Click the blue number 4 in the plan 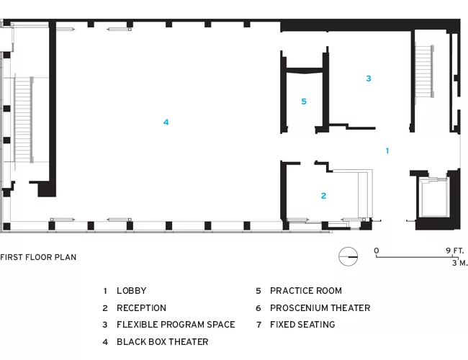click(166, 122)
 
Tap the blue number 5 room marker click(304, 102)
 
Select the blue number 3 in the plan click(369, 78)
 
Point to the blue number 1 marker click(387, 150)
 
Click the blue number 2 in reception click(323, 196)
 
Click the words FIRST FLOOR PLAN click(38, 257)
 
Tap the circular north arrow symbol click(348, 256)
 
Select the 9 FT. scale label click(455, 251)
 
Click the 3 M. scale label click(459, 263)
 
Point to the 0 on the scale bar click(377, 251)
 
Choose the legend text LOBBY click(132, 291)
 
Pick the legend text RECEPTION click(141, 307)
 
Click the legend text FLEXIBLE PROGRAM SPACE click(176, 325)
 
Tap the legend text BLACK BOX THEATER click(163, 342)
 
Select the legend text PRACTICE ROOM click(306, 291)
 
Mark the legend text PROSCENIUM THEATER click(320, 307)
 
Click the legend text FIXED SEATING click(302, 325)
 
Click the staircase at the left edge click(23, 120)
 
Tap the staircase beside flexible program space click(424, 71)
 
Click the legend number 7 click(258, 325)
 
